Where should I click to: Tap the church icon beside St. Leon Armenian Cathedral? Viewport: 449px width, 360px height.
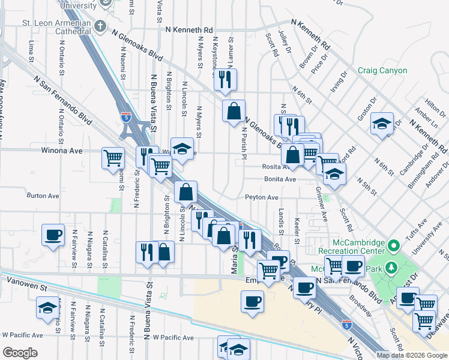[100, 26]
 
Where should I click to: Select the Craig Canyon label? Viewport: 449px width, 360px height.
[382, 71]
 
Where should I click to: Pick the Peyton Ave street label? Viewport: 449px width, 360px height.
[261, 197]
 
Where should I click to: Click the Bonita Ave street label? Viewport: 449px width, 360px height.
[280, 179]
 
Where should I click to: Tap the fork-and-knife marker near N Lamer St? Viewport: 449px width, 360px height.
[225, 80]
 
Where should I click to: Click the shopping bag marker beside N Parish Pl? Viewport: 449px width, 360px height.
[234, 112]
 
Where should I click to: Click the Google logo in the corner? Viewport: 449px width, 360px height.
[20, 352]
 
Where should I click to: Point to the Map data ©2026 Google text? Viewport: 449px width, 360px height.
[412, 355]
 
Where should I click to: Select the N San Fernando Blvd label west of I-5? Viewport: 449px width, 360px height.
[62, 101]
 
